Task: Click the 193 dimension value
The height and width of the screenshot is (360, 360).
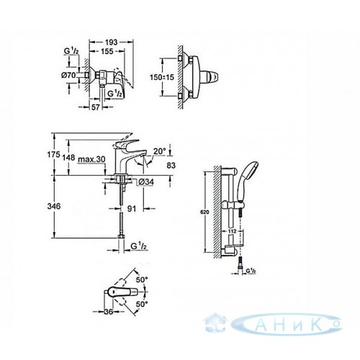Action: pos(112,42)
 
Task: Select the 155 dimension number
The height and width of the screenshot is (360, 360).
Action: pos(107,51)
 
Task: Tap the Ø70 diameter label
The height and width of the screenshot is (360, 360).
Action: pos(68,75)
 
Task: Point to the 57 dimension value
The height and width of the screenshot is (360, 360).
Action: pos(95,107)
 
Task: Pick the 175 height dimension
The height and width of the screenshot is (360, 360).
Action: pos(53,155)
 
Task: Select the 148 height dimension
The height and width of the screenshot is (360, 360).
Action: pos(68,158)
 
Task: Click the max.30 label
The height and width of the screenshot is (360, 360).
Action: pos(91,159)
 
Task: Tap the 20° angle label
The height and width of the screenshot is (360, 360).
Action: pos(160,151)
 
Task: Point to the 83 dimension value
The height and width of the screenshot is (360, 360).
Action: pos(171,166)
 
